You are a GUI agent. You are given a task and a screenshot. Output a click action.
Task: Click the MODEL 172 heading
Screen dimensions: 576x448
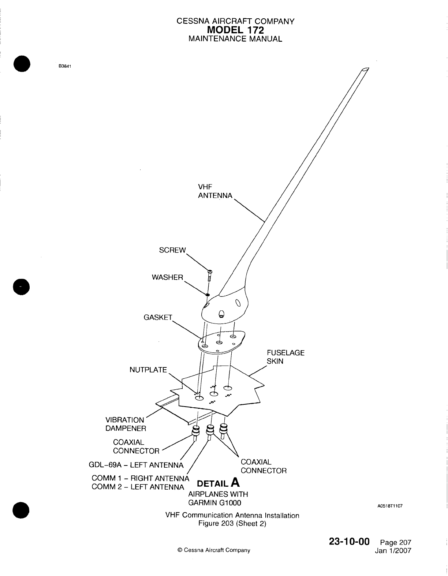(236, 30)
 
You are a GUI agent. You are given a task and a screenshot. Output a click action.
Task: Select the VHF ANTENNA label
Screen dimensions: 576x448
(215, 191)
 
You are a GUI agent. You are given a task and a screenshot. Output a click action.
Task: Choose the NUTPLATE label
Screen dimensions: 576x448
(148, 370)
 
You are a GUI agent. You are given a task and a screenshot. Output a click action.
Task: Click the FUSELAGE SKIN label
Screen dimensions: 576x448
(285, 357)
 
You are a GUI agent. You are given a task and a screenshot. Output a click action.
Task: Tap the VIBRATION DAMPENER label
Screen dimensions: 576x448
(126, 424)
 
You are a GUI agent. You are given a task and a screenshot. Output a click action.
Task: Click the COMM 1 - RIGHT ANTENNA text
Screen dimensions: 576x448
(140, 478)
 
